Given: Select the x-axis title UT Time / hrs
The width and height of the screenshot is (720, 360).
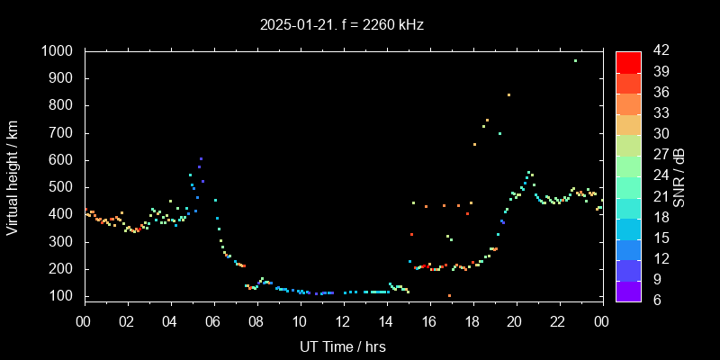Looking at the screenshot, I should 343,346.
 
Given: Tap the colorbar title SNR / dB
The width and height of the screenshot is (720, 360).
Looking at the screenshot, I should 679,176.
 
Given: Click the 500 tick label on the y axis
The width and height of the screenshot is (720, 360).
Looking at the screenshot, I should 63,187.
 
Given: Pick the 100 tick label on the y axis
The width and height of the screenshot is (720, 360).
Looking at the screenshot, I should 63,296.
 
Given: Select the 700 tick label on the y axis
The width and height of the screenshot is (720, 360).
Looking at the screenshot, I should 63,133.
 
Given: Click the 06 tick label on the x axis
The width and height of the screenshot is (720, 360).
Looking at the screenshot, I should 213,320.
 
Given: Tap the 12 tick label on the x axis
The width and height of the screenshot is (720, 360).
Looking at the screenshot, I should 343,320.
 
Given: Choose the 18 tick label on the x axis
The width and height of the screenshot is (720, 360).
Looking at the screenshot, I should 472,320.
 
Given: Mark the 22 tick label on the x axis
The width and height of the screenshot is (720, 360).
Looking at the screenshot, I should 558,320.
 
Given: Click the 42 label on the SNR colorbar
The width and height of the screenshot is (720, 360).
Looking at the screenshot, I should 655,51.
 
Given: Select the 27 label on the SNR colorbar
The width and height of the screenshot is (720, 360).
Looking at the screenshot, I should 655,155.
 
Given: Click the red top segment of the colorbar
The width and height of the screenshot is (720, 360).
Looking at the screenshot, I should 628,61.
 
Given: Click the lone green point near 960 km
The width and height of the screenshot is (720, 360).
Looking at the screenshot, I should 575,60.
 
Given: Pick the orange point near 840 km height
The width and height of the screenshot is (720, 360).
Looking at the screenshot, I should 508,94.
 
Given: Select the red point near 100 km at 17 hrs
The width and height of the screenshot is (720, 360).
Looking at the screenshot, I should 449,295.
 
